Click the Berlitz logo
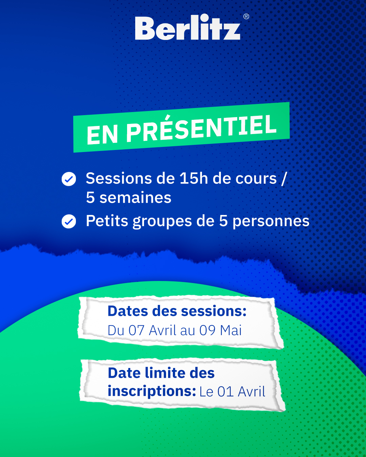coord(188,27)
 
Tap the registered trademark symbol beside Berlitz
coord(246,16)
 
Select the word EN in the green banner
coord(102,135)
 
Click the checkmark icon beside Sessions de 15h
coord(69,179)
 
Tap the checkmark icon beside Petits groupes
coord(69,221)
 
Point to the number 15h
coord(194,178)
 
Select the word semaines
coord(135,197)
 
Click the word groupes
coord(162,221)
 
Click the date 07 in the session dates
coord(137,330)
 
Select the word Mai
coord(231,330)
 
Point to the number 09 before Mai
coord(207,330)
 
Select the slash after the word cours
coord(284,179)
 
